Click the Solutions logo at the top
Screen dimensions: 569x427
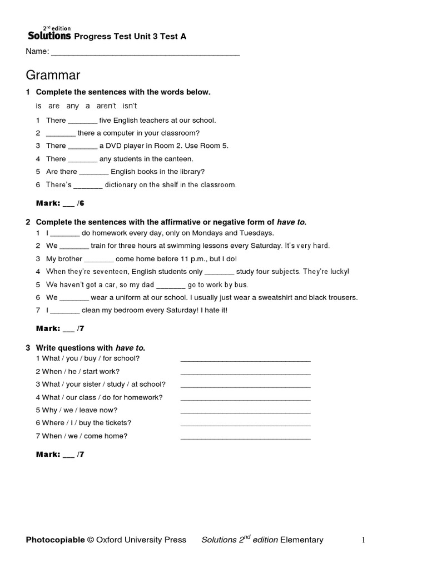tap(49, 36)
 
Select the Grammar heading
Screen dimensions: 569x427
tap(53, 75)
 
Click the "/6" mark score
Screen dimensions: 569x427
tap(81, 204)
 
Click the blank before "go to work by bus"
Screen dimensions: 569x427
tap(171, 285)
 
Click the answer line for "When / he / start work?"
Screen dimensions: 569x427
tap(245, 372)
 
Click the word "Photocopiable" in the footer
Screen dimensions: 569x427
tap(55, 540)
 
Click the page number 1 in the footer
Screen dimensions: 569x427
tap(363, 540)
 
